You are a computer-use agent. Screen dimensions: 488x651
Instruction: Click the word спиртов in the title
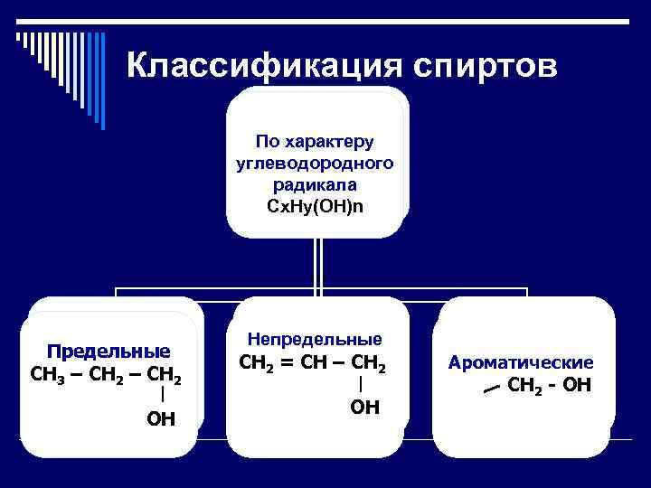pyautogui.click(x=486, y=64)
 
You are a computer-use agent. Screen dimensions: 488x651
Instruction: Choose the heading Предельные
pyautogui.click(x=109, y=351)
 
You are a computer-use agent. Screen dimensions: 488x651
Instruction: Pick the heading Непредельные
pyautogui.click(x=315, y=340)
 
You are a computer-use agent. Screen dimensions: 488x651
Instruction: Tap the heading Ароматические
pyautogui.click(x=521, y=362)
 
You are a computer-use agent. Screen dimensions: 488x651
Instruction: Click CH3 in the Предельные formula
pyautogui.click(x=44, y=374)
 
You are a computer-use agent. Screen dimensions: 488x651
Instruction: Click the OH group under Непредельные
pyautogui.click(x=363, y=408)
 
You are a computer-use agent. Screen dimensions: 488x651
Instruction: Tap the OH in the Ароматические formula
pyautogui.click(x=576, y=386)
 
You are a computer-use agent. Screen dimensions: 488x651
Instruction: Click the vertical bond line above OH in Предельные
pyautogui.click(x=161, y=395)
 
